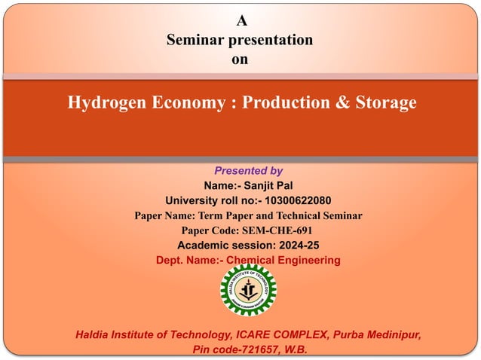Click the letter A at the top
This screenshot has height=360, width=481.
click(x=240, y=21)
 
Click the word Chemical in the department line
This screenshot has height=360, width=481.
click(x=248, y=261)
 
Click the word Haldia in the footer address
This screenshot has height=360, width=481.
click(x=93, y=334)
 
